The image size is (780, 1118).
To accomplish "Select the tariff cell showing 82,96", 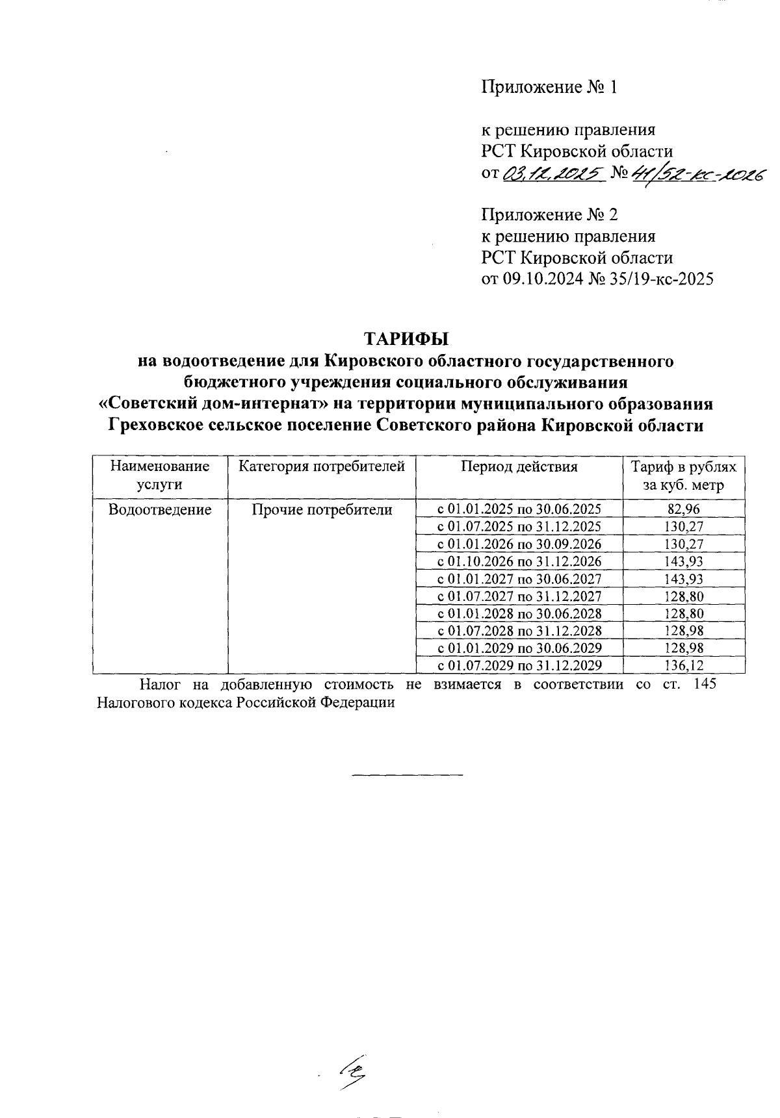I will (x=684, y=510).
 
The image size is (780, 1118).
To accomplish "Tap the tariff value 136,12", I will (x=684, y=665).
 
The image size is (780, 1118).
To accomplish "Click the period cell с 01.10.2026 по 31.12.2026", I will (x=519, y=561).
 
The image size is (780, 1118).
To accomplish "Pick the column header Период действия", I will (x=519, y=466).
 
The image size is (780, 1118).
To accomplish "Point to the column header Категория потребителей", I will (x=322, y=466).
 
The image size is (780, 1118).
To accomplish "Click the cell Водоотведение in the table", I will (x=160, y=510).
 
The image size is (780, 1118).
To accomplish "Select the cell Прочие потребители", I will (x=322, y=510).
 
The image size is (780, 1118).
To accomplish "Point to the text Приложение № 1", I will (x=548, y=87).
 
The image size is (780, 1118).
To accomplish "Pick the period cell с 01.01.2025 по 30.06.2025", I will (x=519, y=510).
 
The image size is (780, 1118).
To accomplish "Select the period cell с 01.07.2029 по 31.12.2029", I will (x=519, y=665).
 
